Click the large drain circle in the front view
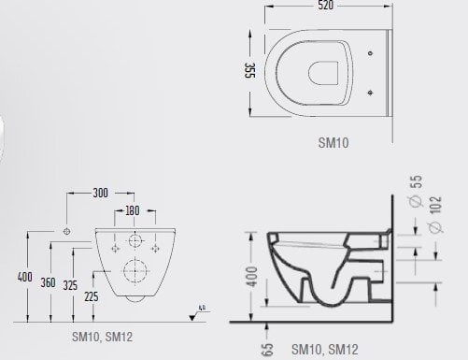(x=135, y=273)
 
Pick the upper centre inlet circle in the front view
(x=135, y=242)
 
